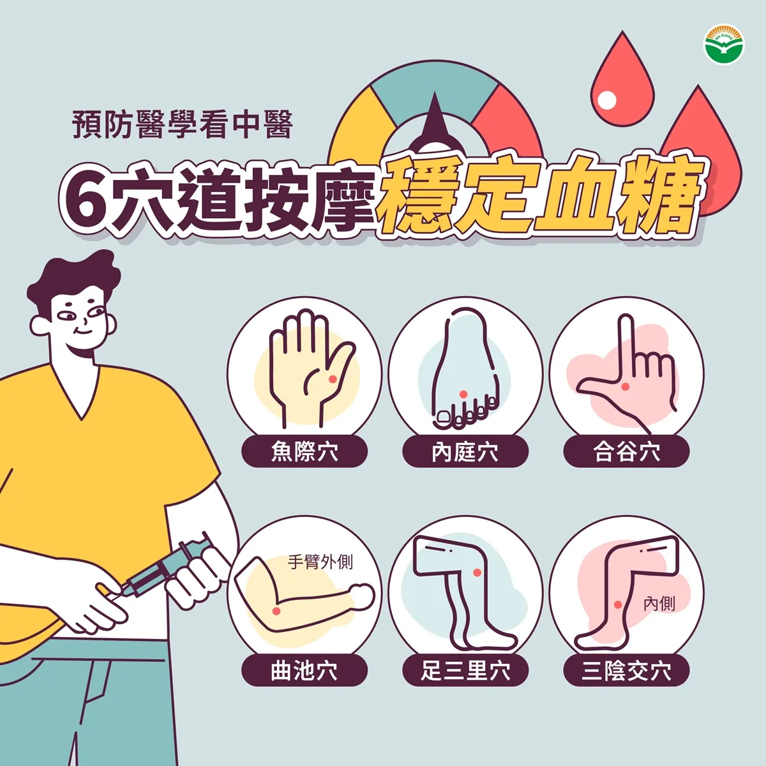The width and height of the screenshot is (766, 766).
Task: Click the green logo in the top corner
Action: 724,45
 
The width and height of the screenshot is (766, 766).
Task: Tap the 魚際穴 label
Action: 304,452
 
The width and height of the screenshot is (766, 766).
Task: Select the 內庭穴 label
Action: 465,452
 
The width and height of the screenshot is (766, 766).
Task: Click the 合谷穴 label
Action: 626,452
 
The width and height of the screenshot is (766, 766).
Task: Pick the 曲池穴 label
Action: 304,671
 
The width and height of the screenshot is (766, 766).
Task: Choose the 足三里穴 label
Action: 465,671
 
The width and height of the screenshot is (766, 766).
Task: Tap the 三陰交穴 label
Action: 626,671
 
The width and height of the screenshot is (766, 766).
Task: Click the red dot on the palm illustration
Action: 332,380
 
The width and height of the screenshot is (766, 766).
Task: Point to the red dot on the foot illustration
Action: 463,394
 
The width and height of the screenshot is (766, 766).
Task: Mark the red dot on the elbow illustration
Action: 276,611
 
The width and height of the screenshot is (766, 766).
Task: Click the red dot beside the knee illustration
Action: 477,573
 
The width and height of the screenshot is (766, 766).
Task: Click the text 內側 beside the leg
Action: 659,603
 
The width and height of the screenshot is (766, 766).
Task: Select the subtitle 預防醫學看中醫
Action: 183,124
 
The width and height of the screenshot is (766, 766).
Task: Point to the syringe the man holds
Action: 169,567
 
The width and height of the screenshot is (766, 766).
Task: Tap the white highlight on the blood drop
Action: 607,100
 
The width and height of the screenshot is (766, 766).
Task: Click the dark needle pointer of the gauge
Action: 435,121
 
